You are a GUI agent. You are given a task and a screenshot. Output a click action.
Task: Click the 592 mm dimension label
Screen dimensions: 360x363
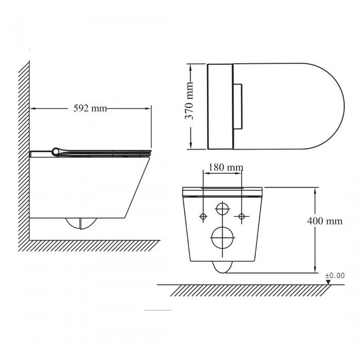91,108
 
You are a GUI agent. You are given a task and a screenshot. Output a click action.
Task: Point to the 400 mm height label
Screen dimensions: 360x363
324,221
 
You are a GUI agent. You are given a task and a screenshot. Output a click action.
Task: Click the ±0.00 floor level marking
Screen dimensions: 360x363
335,276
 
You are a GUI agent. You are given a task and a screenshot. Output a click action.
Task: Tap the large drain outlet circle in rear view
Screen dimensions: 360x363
222,237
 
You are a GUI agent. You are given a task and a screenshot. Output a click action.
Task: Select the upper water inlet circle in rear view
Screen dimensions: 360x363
222,209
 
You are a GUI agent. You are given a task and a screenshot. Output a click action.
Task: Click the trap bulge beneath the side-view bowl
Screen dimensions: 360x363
81,224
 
